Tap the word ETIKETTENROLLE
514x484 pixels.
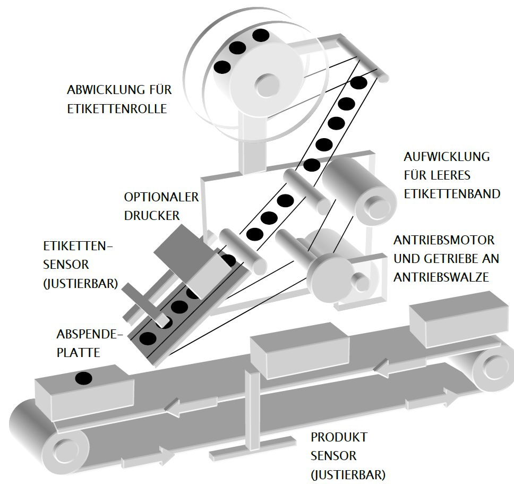click(117, 109)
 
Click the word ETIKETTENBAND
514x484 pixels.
click(452, 193)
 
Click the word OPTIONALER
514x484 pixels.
click(161, 197)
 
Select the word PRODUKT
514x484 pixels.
click(339, 438)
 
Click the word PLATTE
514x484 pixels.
click(79, 352)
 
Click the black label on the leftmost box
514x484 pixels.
click(83, 378)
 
